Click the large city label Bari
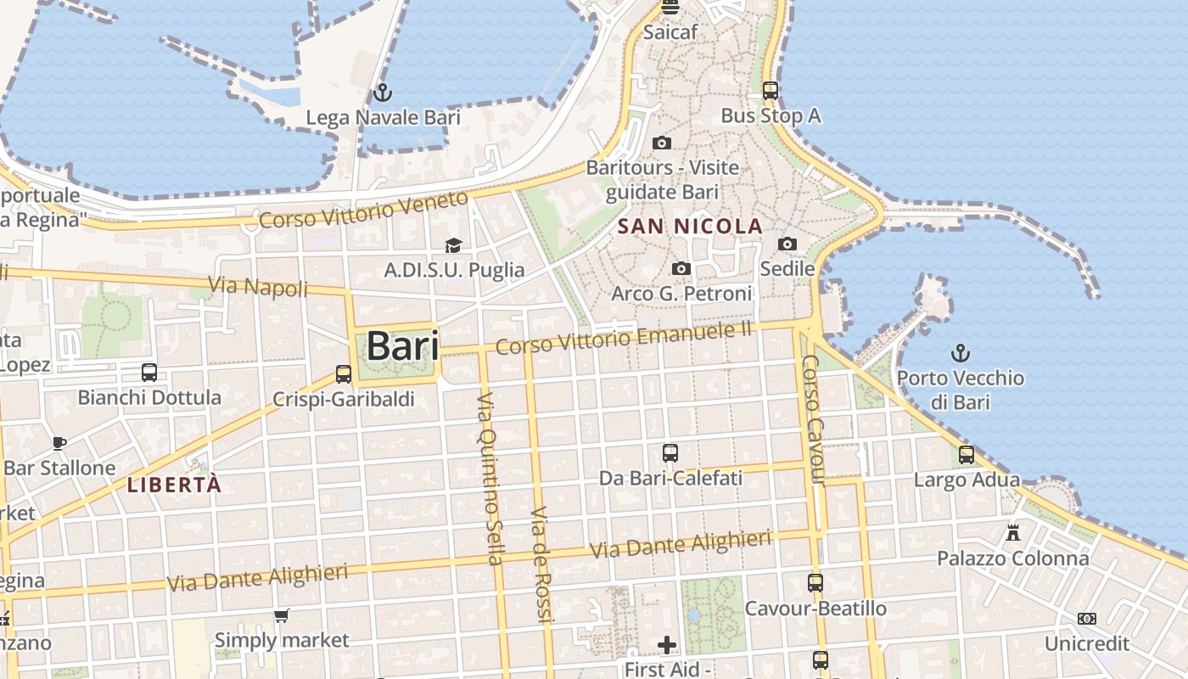click(402, 346)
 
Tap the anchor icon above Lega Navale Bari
click(383, 91)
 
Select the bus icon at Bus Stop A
click(770, 89)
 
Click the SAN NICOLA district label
click(691, 227)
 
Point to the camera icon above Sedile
click(787, 244)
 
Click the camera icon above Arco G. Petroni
click(681, 269)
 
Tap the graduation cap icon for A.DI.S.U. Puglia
click(454, 245)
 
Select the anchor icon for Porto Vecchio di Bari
click(960, 352)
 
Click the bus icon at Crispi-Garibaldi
click(344, 373)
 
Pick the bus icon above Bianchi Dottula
click(149, 372)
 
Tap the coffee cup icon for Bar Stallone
click(59, 442)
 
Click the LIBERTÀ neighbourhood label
click(174, 485)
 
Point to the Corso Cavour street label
click(813, 420)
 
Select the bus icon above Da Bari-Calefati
click(670, 452)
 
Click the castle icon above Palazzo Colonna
click(1012, 533)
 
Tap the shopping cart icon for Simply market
click(281, 615)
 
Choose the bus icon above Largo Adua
click(967, 454)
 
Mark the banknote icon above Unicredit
click(1086, 618)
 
